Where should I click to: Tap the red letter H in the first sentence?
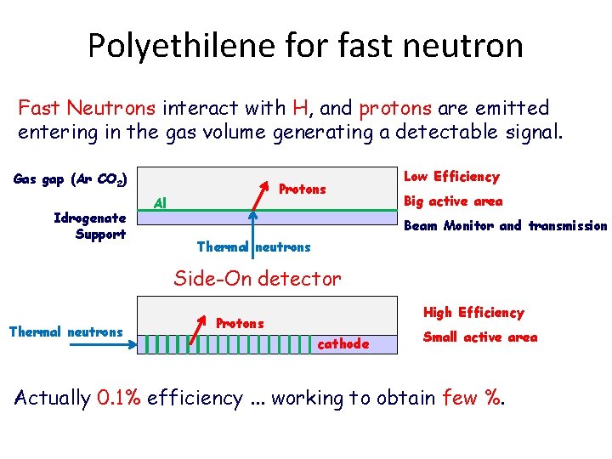pos(299,108)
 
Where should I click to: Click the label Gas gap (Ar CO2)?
pos(71,180)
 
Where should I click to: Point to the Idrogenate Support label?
pos(89,225)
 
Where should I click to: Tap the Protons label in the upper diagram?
pos(302,189)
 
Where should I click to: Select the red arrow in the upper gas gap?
pos(263,196)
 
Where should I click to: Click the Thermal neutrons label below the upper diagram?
pos(253,247)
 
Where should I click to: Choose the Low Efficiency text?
pos(451,177)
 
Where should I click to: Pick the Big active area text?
pos(453,201)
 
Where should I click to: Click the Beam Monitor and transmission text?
pos(505,226)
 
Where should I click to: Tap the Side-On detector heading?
pos(258,277)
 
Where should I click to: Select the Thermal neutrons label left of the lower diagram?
pos(65,331)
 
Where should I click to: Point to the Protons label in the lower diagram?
pos(240,324)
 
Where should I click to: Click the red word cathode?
pos(343,344)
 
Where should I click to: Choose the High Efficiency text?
pos(473,313)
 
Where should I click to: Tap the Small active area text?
pos(480,337)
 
